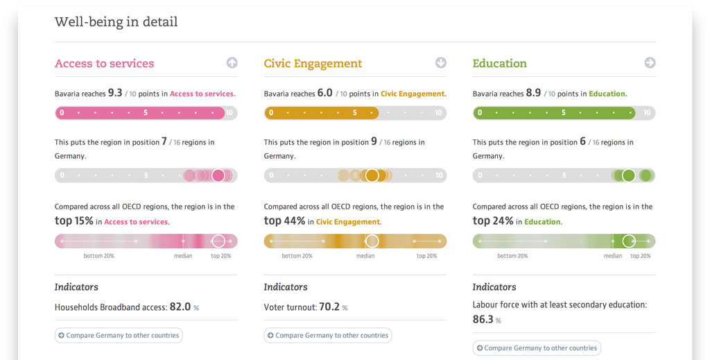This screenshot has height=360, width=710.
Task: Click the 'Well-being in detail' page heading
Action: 116,22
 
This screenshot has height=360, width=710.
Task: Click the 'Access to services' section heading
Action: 104,63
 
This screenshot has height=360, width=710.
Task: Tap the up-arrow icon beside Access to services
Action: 232,63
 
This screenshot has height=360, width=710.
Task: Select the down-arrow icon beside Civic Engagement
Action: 441,63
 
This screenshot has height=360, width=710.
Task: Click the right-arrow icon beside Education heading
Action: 650,63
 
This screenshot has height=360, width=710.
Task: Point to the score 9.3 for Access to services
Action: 115,93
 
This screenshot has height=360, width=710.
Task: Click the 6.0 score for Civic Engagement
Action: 324,93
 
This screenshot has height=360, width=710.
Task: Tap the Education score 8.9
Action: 533,93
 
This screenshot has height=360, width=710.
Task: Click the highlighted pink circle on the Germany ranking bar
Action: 218,175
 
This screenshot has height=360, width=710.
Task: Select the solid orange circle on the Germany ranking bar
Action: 372,175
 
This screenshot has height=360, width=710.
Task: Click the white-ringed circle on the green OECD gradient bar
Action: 629,241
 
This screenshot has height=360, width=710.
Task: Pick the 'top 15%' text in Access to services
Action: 73,221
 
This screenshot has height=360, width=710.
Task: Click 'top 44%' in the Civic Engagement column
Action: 284,221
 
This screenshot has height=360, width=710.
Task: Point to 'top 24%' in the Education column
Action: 493,221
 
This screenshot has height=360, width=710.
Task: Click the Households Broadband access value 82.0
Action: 180,307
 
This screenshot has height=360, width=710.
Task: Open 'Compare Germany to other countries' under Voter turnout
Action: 327,336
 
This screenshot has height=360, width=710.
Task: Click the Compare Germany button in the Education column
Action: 536,348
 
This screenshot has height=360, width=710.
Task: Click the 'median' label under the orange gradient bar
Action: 365,256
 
